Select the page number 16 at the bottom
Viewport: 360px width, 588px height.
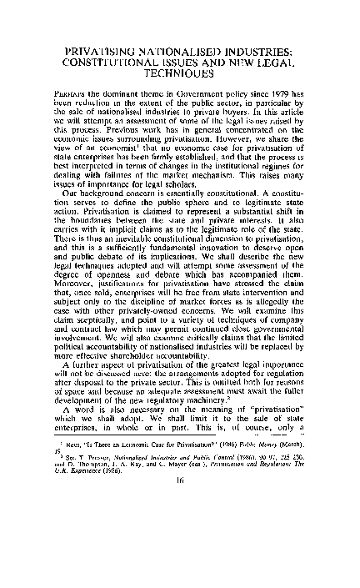pyautogui.click(x=179, y=566)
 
